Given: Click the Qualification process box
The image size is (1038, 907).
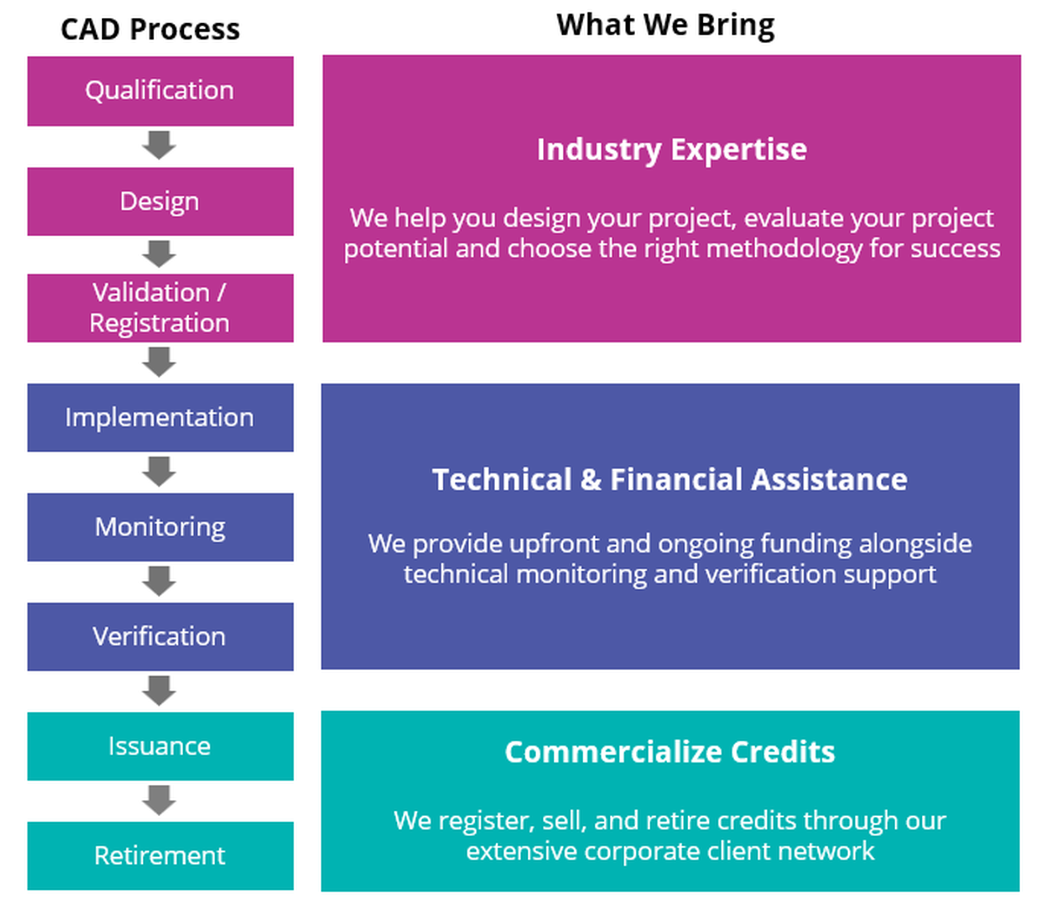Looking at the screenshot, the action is [161, 91].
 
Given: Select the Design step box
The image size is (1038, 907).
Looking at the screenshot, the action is [161, 201].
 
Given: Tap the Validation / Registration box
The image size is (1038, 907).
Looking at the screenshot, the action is [161, 308].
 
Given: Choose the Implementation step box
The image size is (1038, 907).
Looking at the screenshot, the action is [161, 417].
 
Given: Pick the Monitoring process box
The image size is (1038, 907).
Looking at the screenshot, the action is [161, 527].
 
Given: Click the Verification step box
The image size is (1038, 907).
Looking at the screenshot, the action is [161, 637].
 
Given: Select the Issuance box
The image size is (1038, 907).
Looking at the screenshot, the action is [161, 746].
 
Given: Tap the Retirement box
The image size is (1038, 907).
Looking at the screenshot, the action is [161, 856].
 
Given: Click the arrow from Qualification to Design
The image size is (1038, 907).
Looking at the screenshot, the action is [159, 145].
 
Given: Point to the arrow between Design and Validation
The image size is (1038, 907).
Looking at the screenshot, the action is [159, 254].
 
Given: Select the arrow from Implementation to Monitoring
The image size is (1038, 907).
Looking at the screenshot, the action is [159, 472].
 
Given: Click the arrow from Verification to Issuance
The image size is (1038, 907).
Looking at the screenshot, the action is [159, 691].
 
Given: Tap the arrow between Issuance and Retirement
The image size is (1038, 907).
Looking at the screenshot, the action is [159, 801].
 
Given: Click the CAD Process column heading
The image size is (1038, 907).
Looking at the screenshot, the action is [150, 29].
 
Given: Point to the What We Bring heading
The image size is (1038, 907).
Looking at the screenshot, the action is [666, 25].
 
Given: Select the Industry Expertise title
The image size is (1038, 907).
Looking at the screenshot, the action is [671, 150].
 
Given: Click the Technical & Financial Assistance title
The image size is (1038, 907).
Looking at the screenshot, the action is [670, 479].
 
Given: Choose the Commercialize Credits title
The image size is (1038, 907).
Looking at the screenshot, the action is [670, 752].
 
